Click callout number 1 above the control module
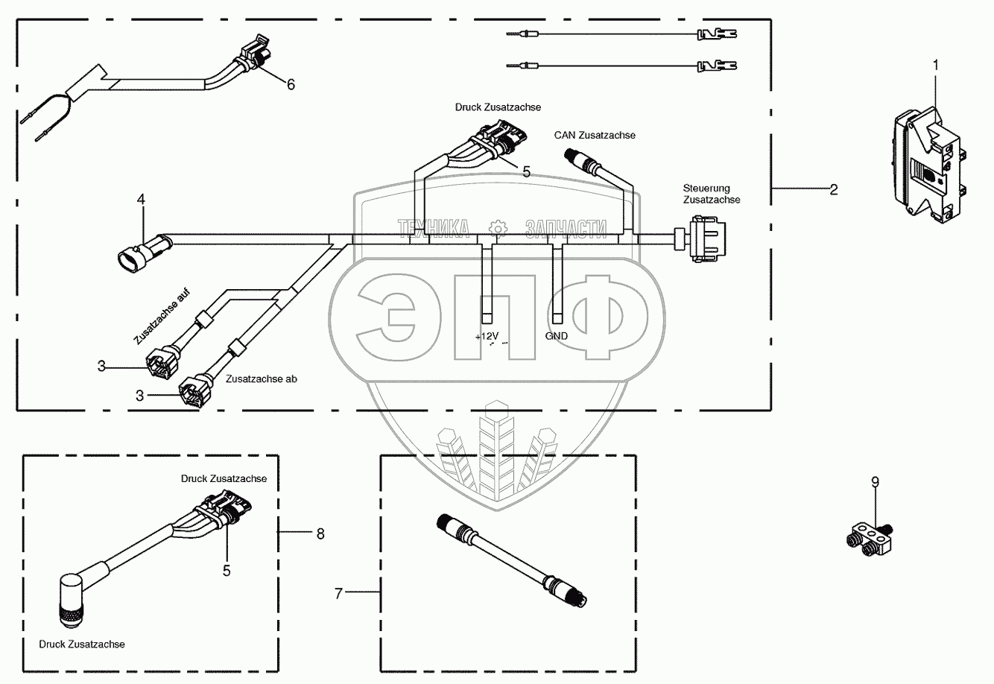935,66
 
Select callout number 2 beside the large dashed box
833,189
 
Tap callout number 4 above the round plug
141,199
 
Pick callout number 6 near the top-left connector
291,84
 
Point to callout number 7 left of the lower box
338,593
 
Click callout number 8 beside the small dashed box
320,533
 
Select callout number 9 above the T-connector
875,482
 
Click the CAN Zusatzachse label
595,136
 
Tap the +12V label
487,336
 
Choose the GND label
557,336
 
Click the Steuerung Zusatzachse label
712,194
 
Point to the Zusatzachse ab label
262,379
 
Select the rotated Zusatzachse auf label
162,316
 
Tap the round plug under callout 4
145,254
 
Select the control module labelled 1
929,165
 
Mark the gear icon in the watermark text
498,229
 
